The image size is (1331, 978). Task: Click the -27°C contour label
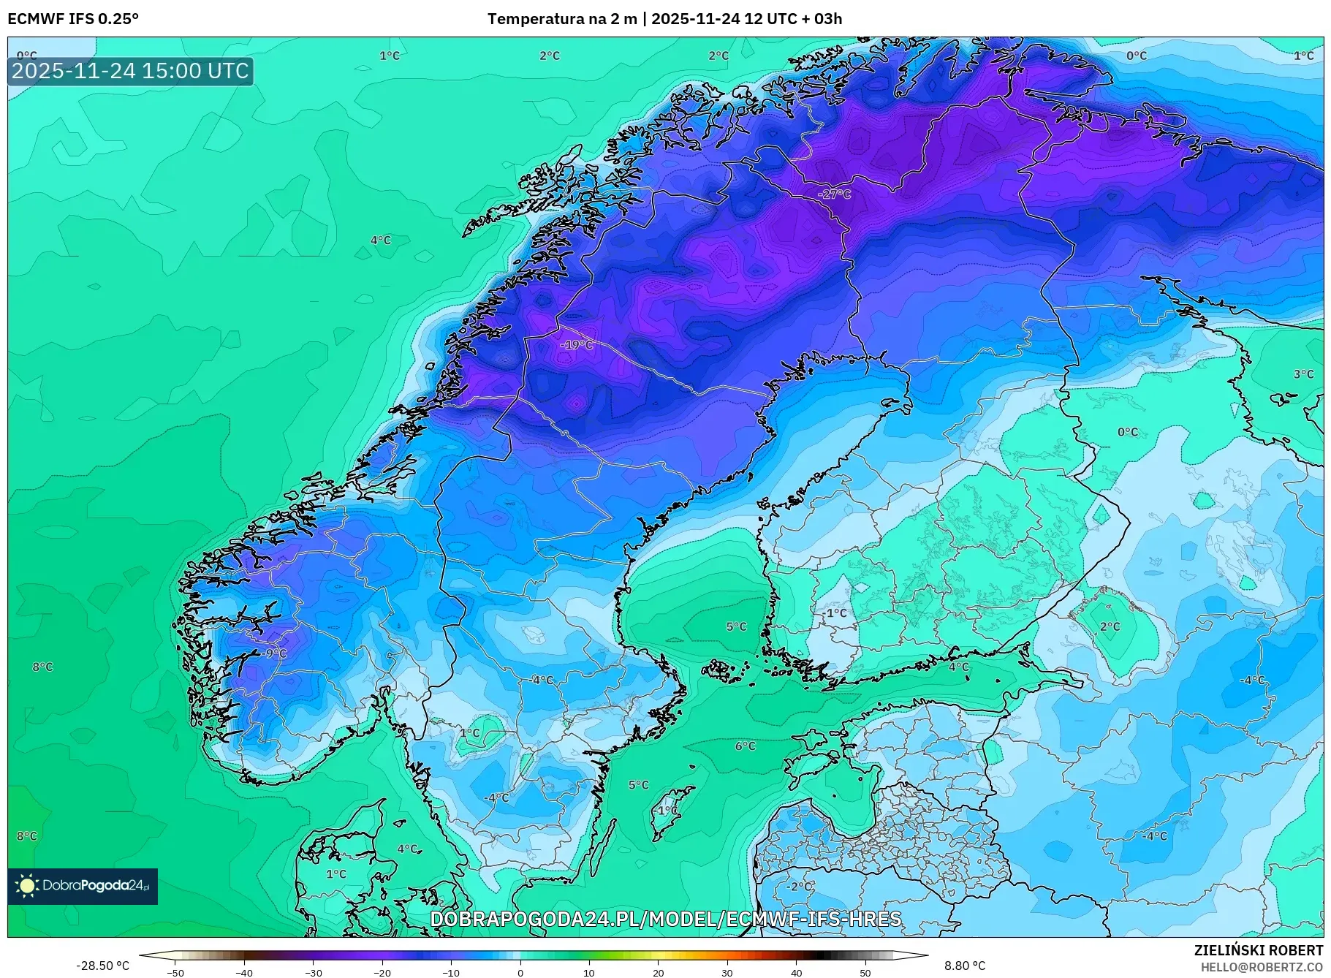834,194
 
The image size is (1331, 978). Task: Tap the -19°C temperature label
577,344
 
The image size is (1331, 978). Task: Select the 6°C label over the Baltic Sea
745,746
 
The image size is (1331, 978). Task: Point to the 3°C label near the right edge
1303,374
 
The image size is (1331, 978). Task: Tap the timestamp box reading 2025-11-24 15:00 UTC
130,71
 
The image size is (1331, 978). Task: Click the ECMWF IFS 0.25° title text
73,19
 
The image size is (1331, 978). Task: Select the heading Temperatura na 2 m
561,19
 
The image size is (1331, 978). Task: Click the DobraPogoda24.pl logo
83,886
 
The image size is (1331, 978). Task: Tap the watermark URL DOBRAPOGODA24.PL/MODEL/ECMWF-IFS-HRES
665,919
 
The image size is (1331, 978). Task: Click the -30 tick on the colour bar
313,972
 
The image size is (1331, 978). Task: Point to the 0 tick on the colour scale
520,972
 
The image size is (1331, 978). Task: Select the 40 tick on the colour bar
796,972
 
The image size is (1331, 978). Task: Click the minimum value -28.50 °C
102,966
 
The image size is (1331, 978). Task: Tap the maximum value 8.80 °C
965,966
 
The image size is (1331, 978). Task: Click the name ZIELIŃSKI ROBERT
1258,950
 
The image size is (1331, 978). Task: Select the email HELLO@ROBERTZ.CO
1262,967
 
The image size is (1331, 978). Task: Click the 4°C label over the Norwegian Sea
380,240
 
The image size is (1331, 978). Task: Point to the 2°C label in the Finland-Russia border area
1110,626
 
